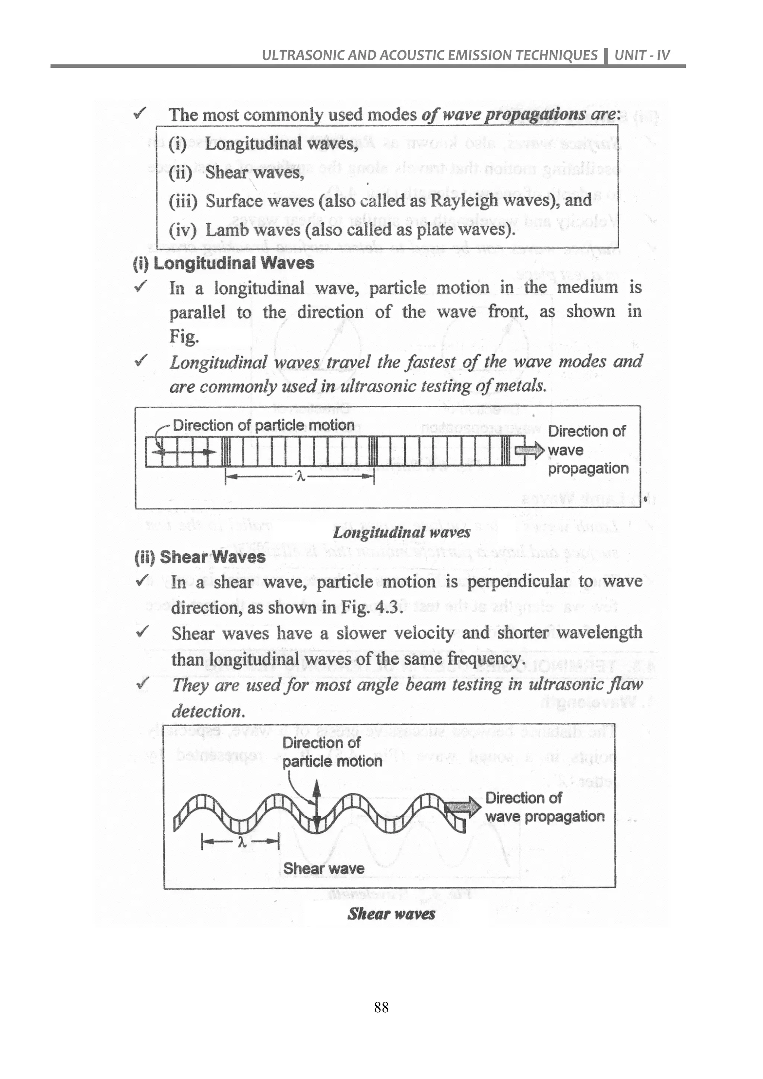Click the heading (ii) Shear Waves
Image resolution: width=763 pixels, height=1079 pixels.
pyautogui.click(x=200, y=557)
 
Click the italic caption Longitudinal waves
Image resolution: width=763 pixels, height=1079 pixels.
pyautogui.click(x=401, y=532)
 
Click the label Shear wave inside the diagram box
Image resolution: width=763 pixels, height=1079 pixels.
pyautogui.click(x=324, y=868)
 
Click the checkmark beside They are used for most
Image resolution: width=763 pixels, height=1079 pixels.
pyautogui.click(x=142, y=683)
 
